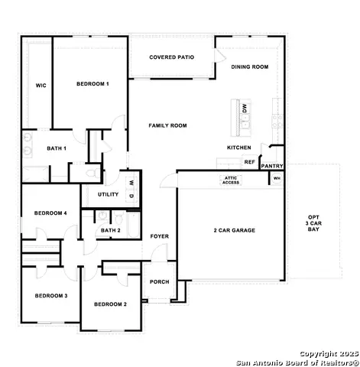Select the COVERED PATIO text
tap(171, 57)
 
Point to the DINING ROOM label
tap(250, 67)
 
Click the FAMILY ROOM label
tap(167, 125)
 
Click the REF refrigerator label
tap(249, 162)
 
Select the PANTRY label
tap(272, 166)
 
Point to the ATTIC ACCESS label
tap(231, 180)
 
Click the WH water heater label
tap(277, 179)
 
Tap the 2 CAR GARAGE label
tap(234, 230)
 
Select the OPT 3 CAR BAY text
tap(313, 222)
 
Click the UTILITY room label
tap(108, 195)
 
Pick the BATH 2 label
tap(110, 230)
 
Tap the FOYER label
tap(159, 236)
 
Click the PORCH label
tap(159, 282)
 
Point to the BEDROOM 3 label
tap(50, 296)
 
